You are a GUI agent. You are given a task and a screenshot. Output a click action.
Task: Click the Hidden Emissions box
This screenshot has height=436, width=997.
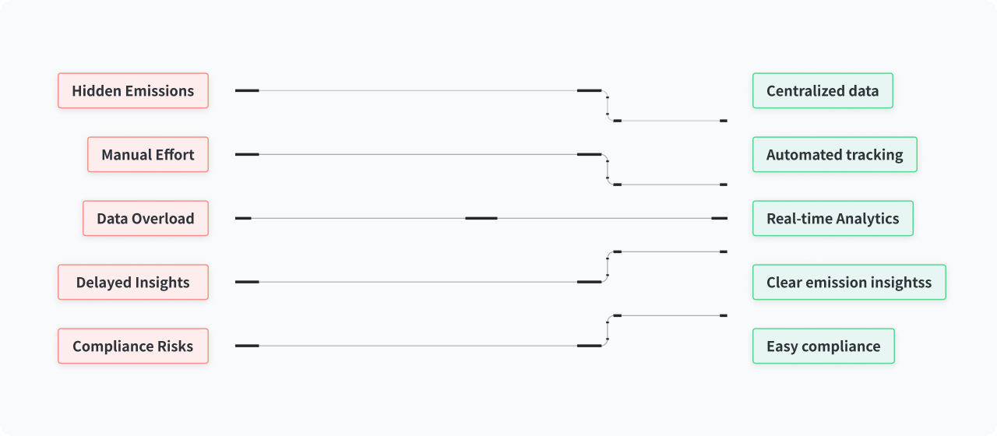coord(133,91)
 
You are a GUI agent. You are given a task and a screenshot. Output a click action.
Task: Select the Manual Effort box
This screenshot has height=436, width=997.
coord(148,154)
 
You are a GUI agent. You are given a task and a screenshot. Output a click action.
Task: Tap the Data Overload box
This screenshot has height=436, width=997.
coord(146,219)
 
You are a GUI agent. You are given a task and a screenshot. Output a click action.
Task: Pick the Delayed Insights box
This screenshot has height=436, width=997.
coord(133,282)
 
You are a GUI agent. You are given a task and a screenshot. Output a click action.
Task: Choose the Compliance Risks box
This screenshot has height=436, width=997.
coord(133,346)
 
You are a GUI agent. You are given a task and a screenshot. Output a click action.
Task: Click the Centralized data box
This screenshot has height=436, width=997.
coord(823,91)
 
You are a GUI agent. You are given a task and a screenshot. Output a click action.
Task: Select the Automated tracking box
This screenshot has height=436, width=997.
coord(835,154)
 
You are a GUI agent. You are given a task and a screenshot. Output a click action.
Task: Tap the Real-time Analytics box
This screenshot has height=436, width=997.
coord(833,219)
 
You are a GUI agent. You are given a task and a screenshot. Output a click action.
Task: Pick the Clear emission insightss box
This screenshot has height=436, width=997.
coord(849,282)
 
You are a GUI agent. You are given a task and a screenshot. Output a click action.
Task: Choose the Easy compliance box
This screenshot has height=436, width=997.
coord(823,346)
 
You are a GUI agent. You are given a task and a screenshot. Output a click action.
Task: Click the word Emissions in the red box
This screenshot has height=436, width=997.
coord(160,91)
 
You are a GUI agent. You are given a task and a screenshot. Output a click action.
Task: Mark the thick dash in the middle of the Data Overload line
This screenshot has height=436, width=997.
coord(481,219)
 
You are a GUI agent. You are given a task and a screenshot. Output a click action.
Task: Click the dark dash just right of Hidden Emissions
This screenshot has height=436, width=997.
coord(247,91)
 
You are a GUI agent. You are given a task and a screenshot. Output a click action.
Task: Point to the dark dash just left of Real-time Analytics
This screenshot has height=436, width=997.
coord(719,219)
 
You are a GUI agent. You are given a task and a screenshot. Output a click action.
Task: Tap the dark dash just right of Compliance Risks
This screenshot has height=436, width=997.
coord(247,346)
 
